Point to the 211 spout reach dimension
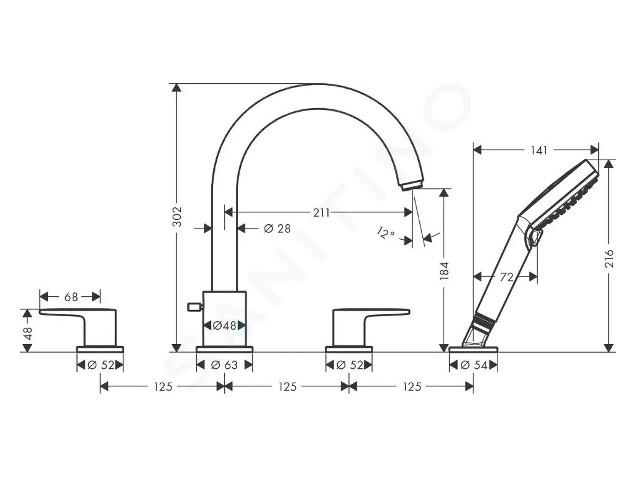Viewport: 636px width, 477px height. point(321,212)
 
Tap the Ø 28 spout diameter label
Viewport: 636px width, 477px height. point(278,229)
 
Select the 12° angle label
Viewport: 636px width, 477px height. point(385,234)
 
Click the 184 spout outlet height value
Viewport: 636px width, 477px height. point(445,271)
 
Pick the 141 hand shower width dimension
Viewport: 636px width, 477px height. point(538,150)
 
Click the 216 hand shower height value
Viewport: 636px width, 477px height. point(609,259)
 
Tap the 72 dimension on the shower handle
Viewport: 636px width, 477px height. point(507,277)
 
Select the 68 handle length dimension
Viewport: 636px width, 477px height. point(71,297)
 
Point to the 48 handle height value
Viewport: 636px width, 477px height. point(27,333)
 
